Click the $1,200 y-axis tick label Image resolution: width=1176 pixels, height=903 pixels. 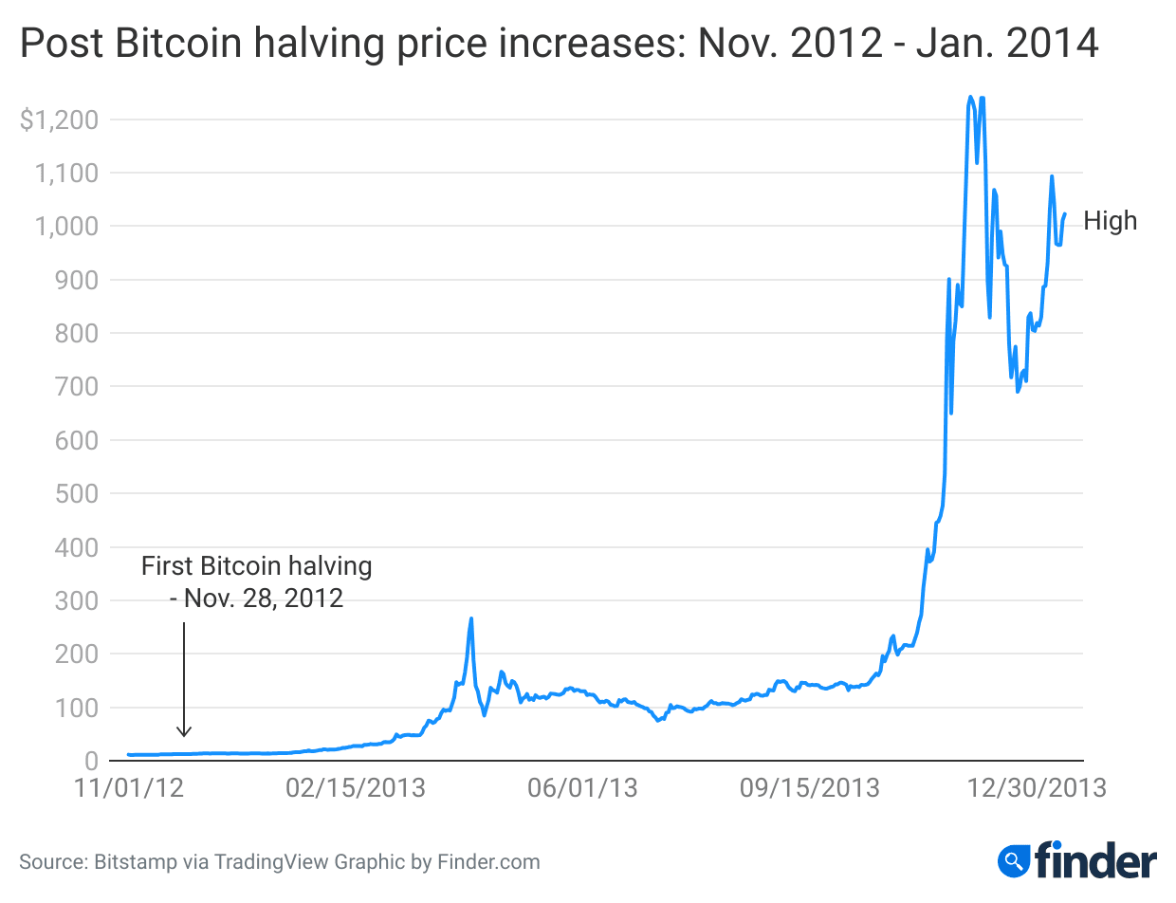point(58,120)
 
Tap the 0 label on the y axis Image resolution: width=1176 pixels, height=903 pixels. point(91,762)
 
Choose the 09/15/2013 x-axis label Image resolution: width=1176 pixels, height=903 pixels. point(810,789)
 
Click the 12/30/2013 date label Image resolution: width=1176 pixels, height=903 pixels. point(1037,789)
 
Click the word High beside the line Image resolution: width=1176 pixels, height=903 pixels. point(1110,221)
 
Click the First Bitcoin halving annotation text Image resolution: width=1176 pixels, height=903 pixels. point(256,567)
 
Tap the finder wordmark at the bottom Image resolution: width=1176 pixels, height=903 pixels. point(1095,861)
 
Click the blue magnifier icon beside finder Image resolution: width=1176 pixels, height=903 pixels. point(1015,861)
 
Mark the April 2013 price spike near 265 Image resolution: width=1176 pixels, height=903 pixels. point(471,619)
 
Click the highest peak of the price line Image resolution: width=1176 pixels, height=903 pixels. point(970,97)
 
